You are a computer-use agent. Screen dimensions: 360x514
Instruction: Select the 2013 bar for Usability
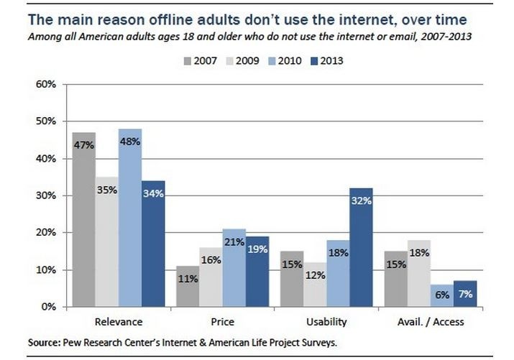361,247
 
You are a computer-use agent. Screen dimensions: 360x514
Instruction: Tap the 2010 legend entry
287,61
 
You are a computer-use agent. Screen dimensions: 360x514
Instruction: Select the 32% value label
361,201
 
